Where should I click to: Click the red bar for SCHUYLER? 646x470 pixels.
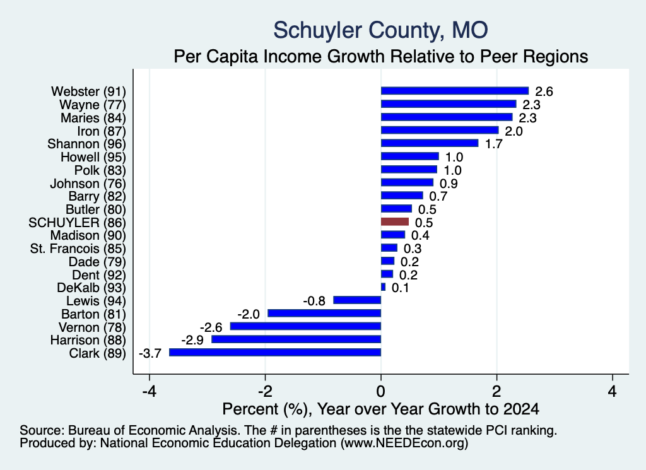395,222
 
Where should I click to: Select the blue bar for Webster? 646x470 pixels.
455,91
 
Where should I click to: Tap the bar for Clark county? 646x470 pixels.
275,353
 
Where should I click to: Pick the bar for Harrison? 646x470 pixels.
297,339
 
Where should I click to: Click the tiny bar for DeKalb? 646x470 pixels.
383,287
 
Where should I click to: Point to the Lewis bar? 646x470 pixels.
357,300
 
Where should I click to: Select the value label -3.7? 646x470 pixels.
150,353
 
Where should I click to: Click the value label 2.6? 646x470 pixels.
544,91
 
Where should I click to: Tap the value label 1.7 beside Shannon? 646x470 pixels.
493,144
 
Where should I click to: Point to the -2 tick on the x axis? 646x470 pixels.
266,391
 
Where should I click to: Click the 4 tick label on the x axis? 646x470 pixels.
613,391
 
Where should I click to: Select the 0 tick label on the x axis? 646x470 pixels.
381,391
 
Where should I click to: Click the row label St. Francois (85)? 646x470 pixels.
78,249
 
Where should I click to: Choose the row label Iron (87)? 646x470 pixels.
102,131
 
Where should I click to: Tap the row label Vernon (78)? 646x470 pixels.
92,327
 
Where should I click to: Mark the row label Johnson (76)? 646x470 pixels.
88,184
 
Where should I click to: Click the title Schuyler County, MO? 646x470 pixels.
380,30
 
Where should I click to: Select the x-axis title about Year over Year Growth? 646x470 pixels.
380,409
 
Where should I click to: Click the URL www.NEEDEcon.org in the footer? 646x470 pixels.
404,444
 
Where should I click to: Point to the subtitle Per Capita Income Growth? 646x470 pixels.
380,56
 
